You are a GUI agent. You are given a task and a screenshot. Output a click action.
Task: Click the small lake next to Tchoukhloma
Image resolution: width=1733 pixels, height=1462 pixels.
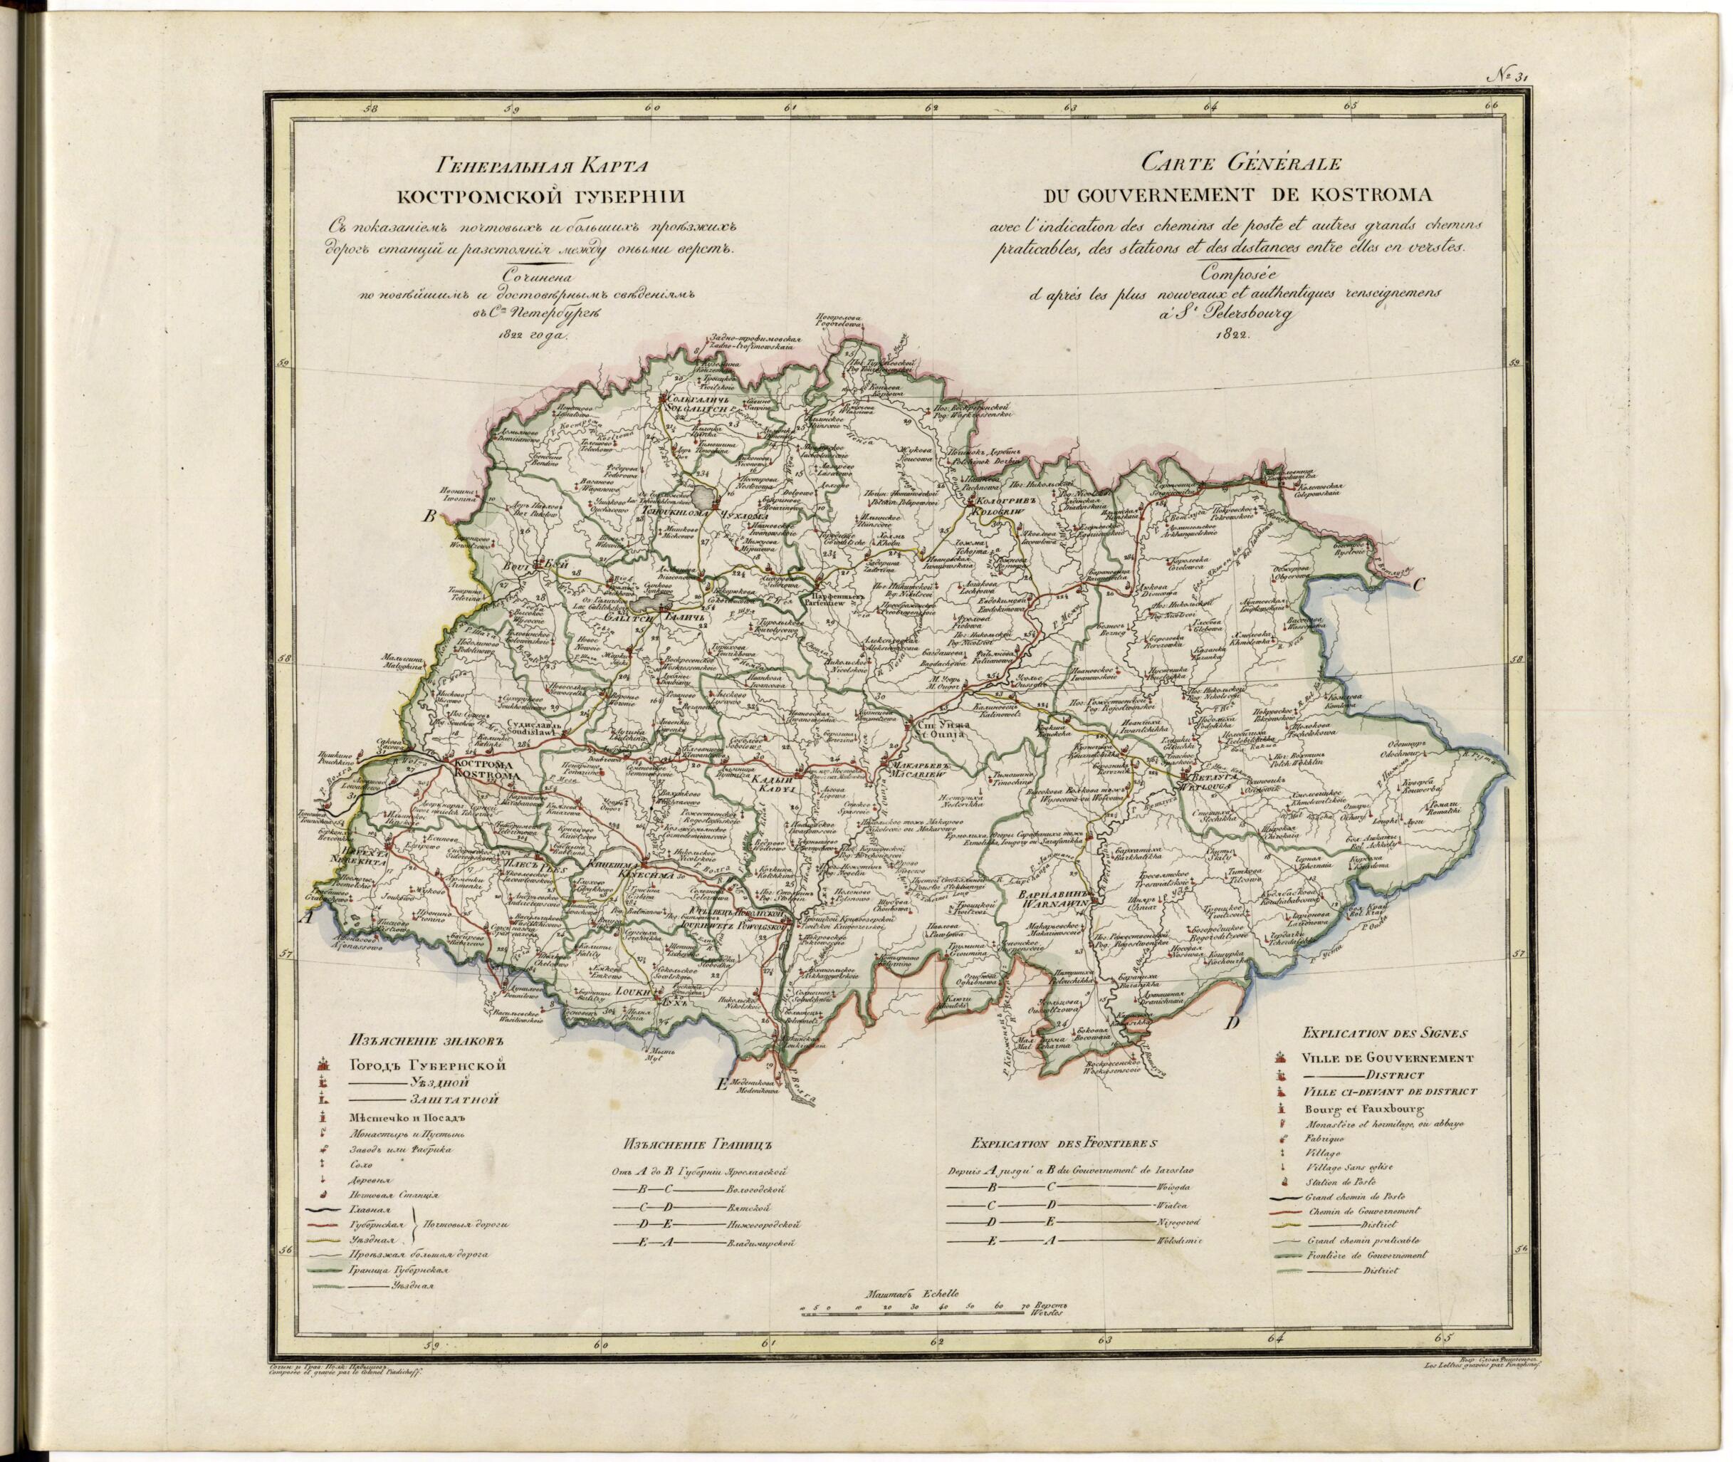(706, 496)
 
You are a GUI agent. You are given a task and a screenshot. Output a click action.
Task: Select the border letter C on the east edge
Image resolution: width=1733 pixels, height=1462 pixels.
(1418, 583)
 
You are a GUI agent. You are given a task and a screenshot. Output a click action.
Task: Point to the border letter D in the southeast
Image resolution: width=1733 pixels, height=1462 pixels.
(1232, 1023)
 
